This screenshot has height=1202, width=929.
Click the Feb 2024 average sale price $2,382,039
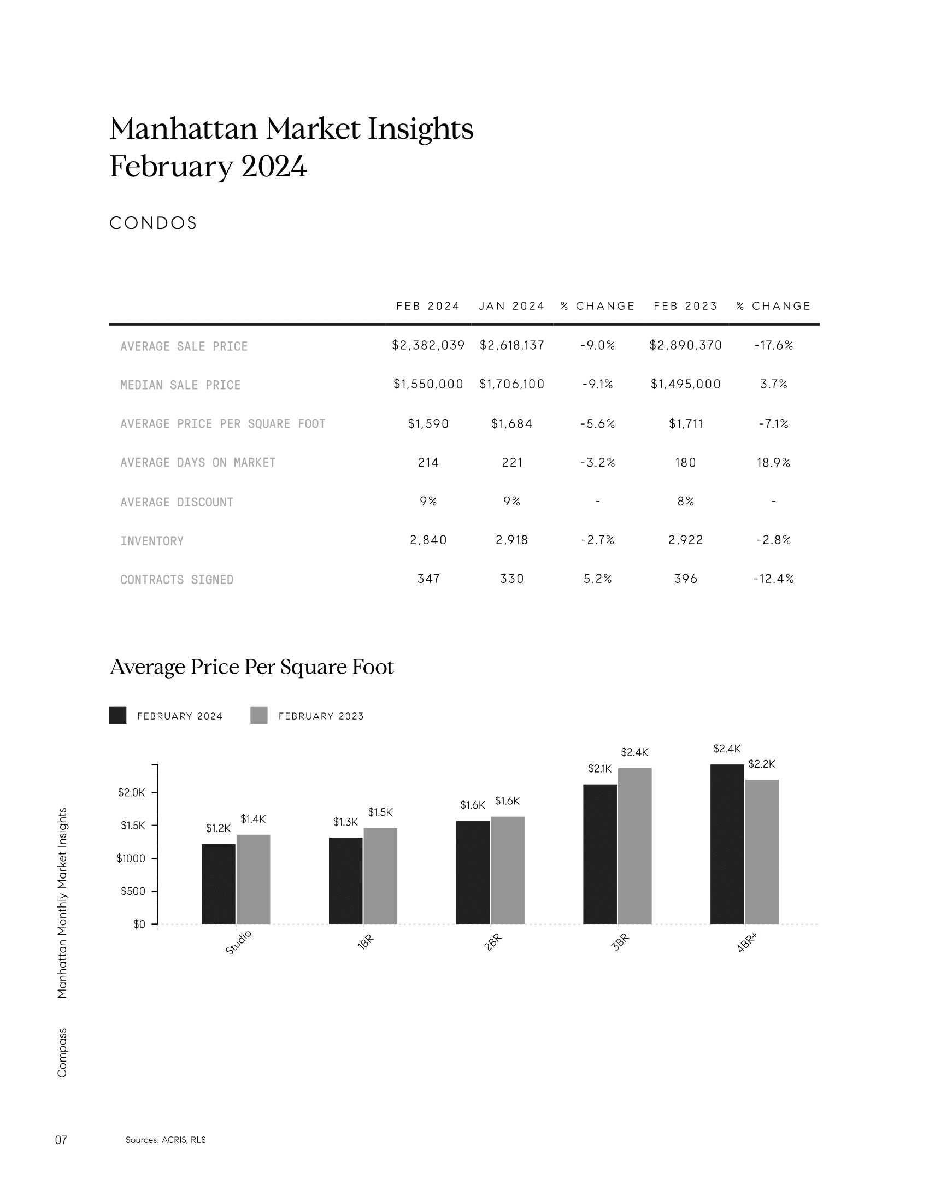point(428,345)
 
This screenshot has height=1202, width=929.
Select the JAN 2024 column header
point(511,306)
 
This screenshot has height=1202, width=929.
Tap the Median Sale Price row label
point(180,385)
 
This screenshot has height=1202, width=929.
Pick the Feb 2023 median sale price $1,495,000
point(685,384)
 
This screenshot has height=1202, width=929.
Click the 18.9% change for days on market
point(773,463)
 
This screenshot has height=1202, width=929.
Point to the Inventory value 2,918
point(511,540)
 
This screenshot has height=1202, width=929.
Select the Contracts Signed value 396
point(685,579)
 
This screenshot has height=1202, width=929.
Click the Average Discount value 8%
point(685,502)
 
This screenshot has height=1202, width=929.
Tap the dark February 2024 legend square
point(118,716)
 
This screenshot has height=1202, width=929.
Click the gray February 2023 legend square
point(258,716)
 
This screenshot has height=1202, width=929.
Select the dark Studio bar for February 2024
point(219,884)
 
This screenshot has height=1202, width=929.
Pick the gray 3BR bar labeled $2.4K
point(634,846)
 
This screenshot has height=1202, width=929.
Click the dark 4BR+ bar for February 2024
point(727,844)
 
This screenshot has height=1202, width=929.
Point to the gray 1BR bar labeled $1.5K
point(380,876)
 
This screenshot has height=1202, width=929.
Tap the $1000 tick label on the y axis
point(131,858)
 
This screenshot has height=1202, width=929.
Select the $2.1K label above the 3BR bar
point(599,769)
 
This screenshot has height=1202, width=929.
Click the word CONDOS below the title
point(153,223)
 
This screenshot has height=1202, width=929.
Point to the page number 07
point(61,1140)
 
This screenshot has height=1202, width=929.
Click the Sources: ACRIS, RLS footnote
point(166,1140)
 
